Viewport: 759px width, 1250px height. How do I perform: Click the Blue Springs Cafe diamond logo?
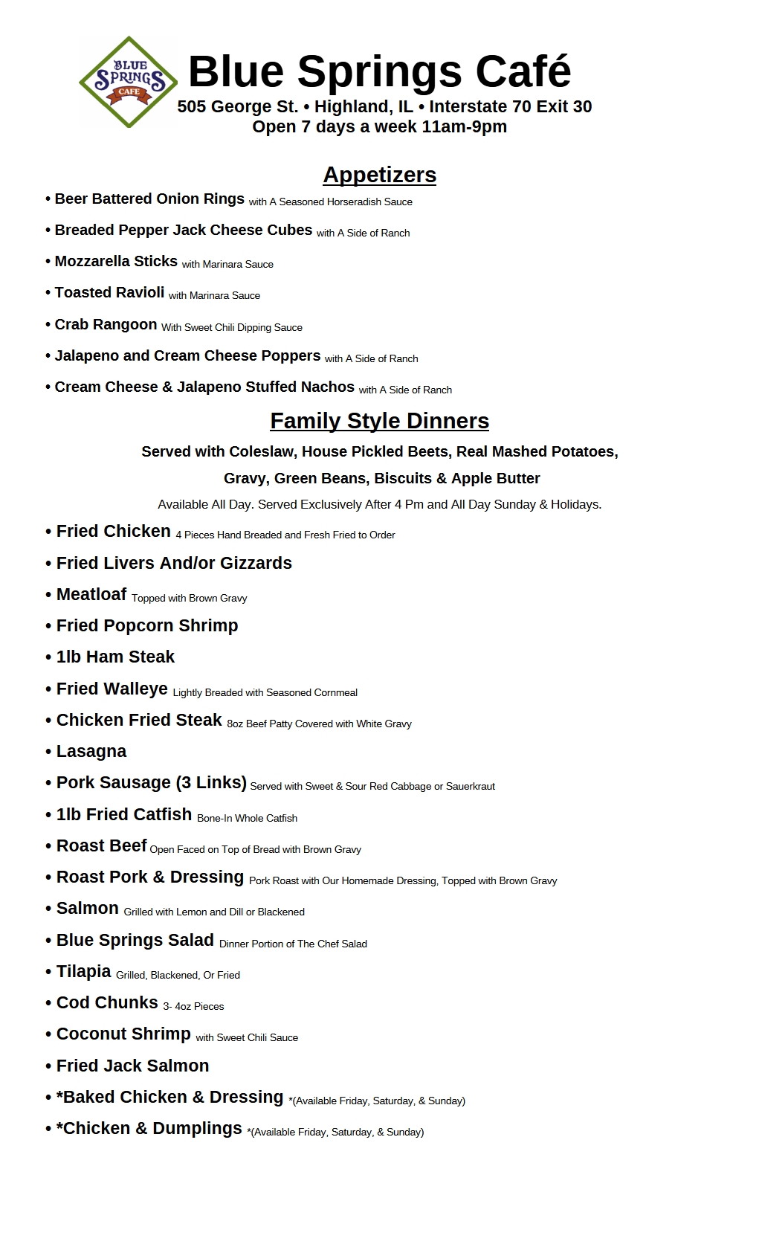tap(128, 82)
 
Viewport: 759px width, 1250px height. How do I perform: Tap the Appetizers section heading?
tap(379, 175)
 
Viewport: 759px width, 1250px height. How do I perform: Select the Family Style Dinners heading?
tap(379, 421)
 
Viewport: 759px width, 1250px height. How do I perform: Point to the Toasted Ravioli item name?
tap(109, 293)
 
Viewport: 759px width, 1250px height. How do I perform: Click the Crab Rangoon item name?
tap(106, 325)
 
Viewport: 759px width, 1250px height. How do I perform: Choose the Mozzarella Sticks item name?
tap(116, 262)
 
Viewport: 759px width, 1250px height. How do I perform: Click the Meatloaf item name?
tap(91, 595)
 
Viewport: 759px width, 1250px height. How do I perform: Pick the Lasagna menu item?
tap(91, 752)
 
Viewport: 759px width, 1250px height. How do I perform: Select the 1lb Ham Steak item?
tap(115, 657)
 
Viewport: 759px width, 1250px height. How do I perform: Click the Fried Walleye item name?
tap(112, 689)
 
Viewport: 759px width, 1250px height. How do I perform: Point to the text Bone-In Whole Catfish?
tap(247, 819)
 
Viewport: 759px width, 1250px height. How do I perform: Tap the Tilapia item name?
tap(84, 972)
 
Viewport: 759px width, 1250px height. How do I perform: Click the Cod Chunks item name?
tap(107, 1003)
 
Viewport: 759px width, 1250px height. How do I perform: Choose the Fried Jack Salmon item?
tap(132, 1066)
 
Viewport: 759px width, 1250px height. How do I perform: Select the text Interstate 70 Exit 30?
tap(510, 107)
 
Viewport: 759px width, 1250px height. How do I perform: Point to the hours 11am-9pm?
tap(464, 127)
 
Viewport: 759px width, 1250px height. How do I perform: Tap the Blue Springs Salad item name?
tap(135, 941)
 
